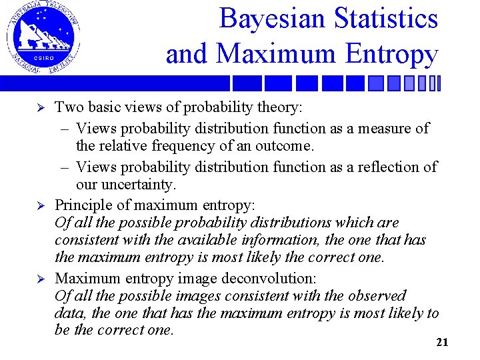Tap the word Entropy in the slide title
[393, 54]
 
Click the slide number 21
[442, 343]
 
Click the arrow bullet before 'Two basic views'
[39, 108]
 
